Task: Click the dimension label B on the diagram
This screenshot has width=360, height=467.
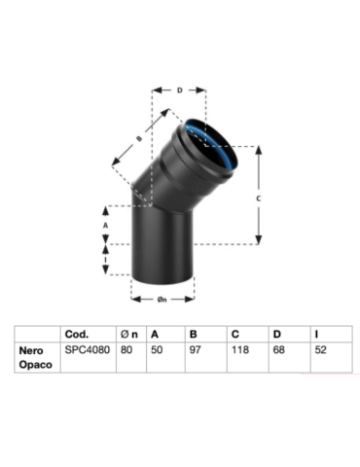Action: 139,139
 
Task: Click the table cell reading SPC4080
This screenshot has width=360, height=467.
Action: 84,349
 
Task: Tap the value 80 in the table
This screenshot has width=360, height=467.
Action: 125,349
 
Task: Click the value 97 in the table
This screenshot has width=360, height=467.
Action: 193,349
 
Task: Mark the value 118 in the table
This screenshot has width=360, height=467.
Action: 237,349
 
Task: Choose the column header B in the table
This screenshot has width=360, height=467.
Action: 191,334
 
